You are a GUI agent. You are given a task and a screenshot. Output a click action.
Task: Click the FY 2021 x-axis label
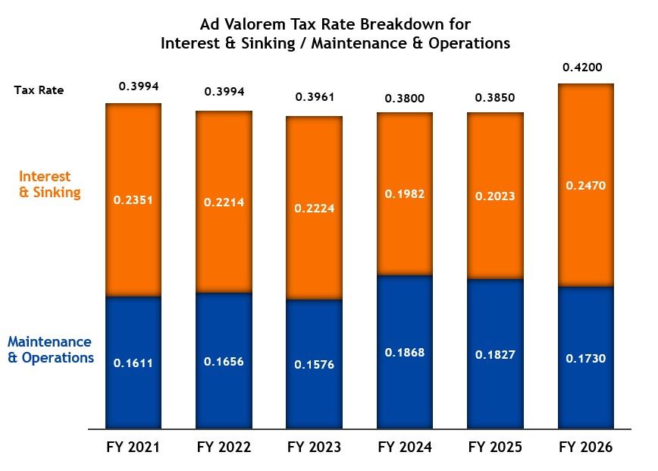click(133, 447)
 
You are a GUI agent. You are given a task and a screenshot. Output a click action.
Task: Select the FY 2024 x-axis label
click(405, 447)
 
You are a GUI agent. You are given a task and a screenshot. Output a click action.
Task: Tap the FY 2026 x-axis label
click(586, 447)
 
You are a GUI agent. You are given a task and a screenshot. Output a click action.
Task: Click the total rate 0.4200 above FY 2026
click(582, 68)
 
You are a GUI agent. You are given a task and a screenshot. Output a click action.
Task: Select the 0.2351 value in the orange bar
click(133, 200)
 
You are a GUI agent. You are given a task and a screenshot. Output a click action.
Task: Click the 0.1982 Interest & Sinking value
click(406, 194)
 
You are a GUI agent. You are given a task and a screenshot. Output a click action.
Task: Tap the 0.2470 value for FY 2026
click(586, 184)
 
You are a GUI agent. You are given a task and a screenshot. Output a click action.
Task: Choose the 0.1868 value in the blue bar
click(406, 353)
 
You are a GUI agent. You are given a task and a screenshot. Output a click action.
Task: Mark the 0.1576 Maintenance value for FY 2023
click(314, 365)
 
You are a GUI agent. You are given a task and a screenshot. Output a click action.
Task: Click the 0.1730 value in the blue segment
click(586, 358)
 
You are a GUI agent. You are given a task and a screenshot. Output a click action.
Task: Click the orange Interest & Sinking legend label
click(49, 184)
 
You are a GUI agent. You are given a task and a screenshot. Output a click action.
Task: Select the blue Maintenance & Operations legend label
click(51, 350)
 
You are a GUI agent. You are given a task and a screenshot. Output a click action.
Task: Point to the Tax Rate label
click(39, 90)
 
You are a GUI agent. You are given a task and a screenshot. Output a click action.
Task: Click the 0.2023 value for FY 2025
click(495, 196)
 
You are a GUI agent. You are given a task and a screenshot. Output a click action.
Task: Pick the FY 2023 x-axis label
click(314, 447)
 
